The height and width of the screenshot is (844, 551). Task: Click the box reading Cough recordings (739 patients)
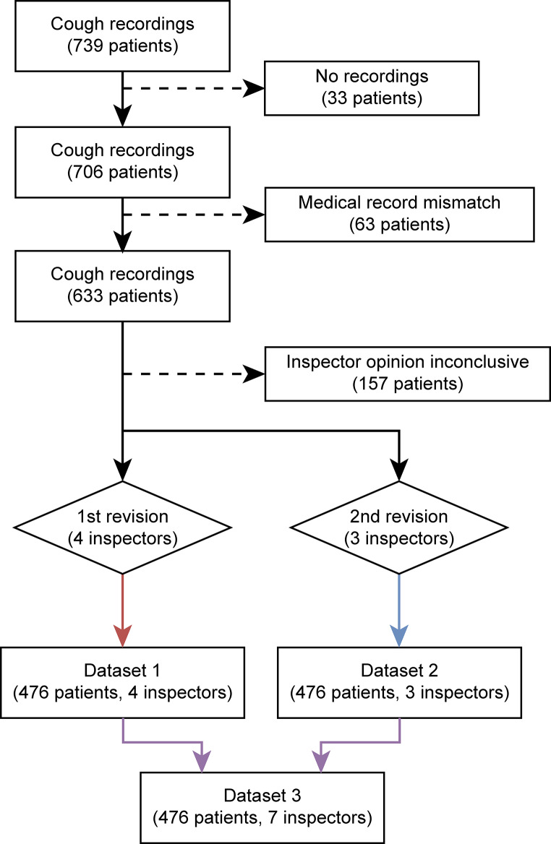click(x=122, y=35)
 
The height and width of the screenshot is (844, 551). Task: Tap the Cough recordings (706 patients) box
click(x=122, y=163)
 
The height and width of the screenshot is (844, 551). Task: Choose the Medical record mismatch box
click(x=399, y=214)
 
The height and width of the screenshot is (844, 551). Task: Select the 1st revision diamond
click(x=122, y=528)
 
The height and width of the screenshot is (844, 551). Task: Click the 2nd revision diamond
click(x=398, y=528)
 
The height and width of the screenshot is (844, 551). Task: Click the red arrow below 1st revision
click(x=122, y=607)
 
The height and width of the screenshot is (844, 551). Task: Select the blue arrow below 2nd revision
click(x=398, y=607)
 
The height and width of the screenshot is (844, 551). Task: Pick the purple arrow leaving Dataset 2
click(x=362, y=741)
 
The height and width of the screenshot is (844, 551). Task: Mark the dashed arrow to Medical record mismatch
click(x=192, y=214)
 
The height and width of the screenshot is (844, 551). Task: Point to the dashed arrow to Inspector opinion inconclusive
click(x=192, y=374)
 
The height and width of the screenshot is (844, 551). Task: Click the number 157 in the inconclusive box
click(x=370, y=384)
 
